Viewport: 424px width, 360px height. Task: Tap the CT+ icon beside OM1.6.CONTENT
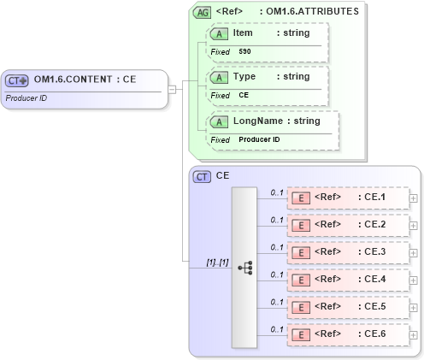click(x=17, y=80)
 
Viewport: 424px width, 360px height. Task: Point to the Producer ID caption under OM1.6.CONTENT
click(x=27, y=97)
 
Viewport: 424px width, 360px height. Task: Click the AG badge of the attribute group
click(x=203, y=12)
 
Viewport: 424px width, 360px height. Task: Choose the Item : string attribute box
click(x=268, y=41)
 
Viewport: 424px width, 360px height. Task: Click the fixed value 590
click(x=244, y=52)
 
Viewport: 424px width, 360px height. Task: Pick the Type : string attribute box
click(x=268, y=86)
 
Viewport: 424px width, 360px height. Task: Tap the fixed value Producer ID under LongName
click(x=259, y=139)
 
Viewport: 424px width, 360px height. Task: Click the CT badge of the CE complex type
click(x=203, y=176)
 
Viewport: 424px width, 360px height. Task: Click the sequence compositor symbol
click(x=244, y=268)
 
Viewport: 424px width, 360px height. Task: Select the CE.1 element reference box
click(x=347, y=198)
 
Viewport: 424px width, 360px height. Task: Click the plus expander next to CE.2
click(x=414, y=226)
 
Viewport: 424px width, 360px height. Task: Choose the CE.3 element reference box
click(x=347, y=253)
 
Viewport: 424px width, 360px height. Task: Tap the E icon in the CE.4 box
click(x=300, y=280)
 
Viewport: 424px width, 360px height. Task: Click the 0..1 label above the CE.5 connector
click(x=276, y=302)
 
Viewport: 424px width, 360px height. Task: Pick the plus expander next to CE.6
click(x=414, y=335)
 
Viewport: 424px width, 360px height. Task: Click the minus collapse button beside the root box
click(x=172, y=88)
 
